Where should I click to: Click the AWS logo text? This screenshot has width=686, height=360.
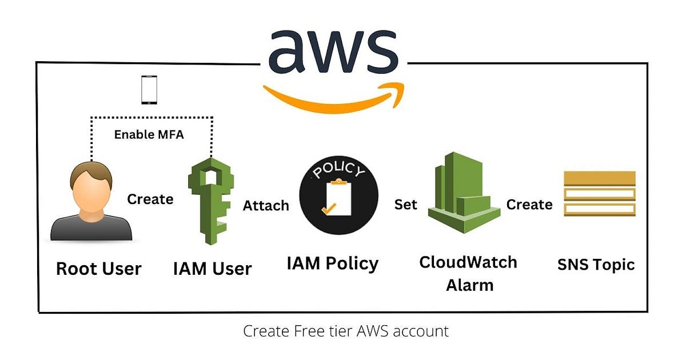pyautogui.click(x=333, y=50)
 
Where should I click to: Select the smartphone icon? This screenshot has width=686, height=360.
pyautogui.click(x=149, y=90)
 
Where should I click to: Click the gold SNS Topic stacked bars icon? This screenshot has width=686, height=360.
pyautogui.click(x=599, y=194)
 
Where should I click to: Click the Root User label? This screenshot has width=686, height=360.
pyautogui.click(x=98, y=268)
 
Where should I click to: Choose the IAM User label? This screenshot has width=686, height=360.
pyautogui.click(x=212, y=268)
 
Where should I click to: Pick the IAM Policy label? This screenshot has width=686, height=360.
pyautogui.click(x=332, y=263)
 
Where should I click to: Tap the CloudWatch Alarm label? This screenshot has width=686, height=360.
pyautogui.click(x=468, y=273)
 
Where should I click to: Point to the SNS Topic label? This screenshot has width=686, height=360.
pyautogui.click(x=596, y=265)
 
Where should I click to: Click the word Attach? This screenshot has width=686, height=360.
pyautogui.click(x=266, y=205)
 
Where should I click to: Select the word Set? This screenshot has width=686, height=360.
pyautogui.click(x=406, y=204)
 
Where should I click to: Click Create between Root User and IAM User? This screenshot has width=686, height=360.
pyautogui.click(x=150, y=199)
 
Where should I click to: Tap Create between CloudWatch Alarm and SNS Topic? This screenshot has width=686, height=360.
pyautogui.click(x=529, y=204)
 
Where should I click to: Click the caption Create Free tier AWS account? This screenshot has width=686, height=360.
pyautogui.click(x=346, y=331)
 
